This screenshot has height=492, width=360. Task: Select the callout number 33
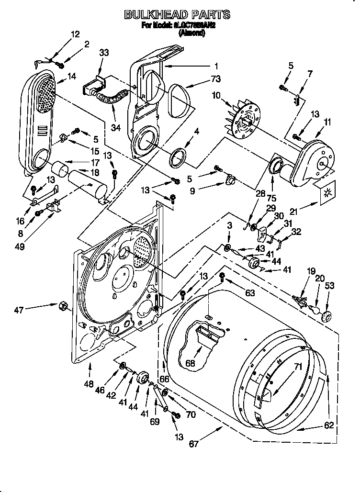(104, 54)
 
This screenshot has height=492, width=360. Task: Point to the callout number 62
(329, 424)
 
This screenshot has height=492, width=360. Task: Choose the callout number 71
(284, 368)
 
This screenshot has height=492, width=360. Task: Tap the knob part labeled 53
(327, 316)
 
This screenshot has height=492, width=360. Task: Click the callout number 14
(72, 76)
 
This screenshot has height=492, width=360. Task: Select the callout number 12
(76, 34)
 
